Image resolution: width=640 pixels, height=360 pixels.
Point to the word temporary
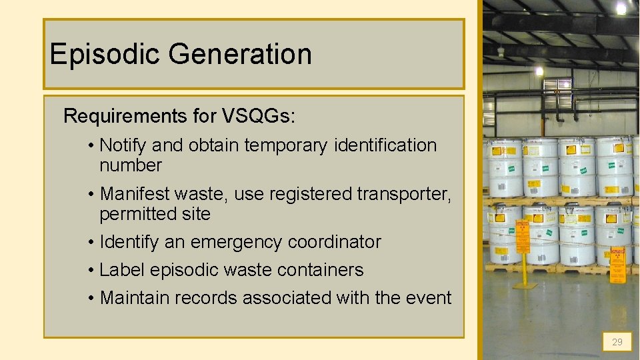[287, 145]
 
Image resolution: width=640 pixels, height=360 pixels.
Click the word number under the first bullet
[131, 165]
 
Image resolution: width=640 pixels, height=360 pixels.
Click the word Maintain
[133, 298]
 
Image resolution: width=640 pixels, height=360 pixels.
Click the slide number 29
[617, 342]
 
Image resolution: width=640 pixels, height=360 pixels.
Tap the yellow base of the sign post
[525, 285]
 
